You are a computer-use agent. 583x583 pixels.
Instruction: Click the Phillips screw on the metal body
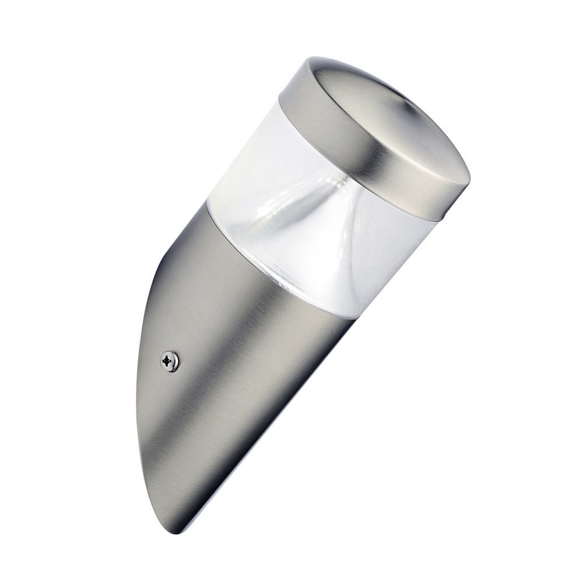pyautogui.click(x=170, y=361)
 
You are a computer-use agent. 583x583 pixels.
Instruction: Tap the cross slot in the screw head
pyautogui.click(x=170, y=361)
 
